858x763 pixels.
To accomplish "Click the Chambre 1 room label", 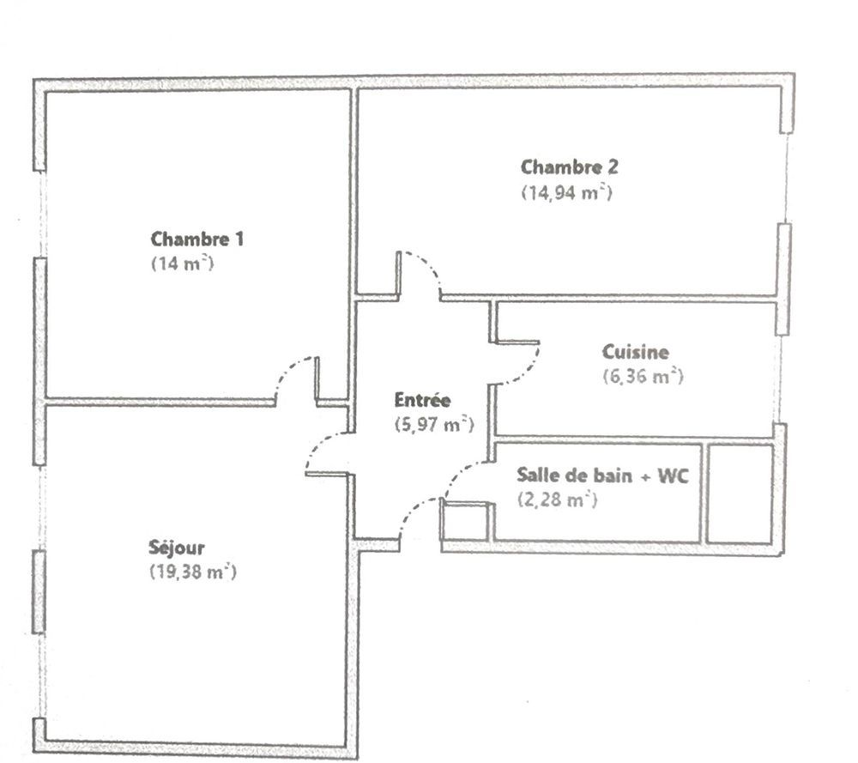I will coord(197,239).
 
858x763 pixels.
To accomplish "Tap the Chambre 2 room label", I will coord(569,167).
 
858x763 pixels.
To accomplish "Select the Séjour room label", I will coord(176,547).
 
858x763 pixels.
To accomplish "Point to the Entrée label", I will coord(422,399).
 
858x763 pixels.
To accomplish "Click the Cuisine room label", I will coord(635,351).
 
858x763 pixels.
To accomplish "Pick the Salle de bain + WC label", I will coord(602,475).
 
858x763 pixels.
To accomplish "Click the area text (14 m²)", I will coord(182,263).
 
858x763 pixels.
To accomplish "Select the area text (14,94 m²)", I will coord(566,192).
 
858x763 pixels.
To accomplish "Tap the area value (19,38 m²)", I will coord(192,572).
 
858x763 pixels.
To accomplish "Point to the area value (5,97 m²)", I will coord(434,423).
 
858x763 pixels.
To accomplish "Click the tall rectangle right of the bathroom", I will coord(740,494).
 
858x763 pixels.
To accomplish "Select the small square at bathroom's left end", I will coord(465,523).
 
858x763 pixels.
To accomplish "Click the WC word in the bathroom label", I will coord(675,475).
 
